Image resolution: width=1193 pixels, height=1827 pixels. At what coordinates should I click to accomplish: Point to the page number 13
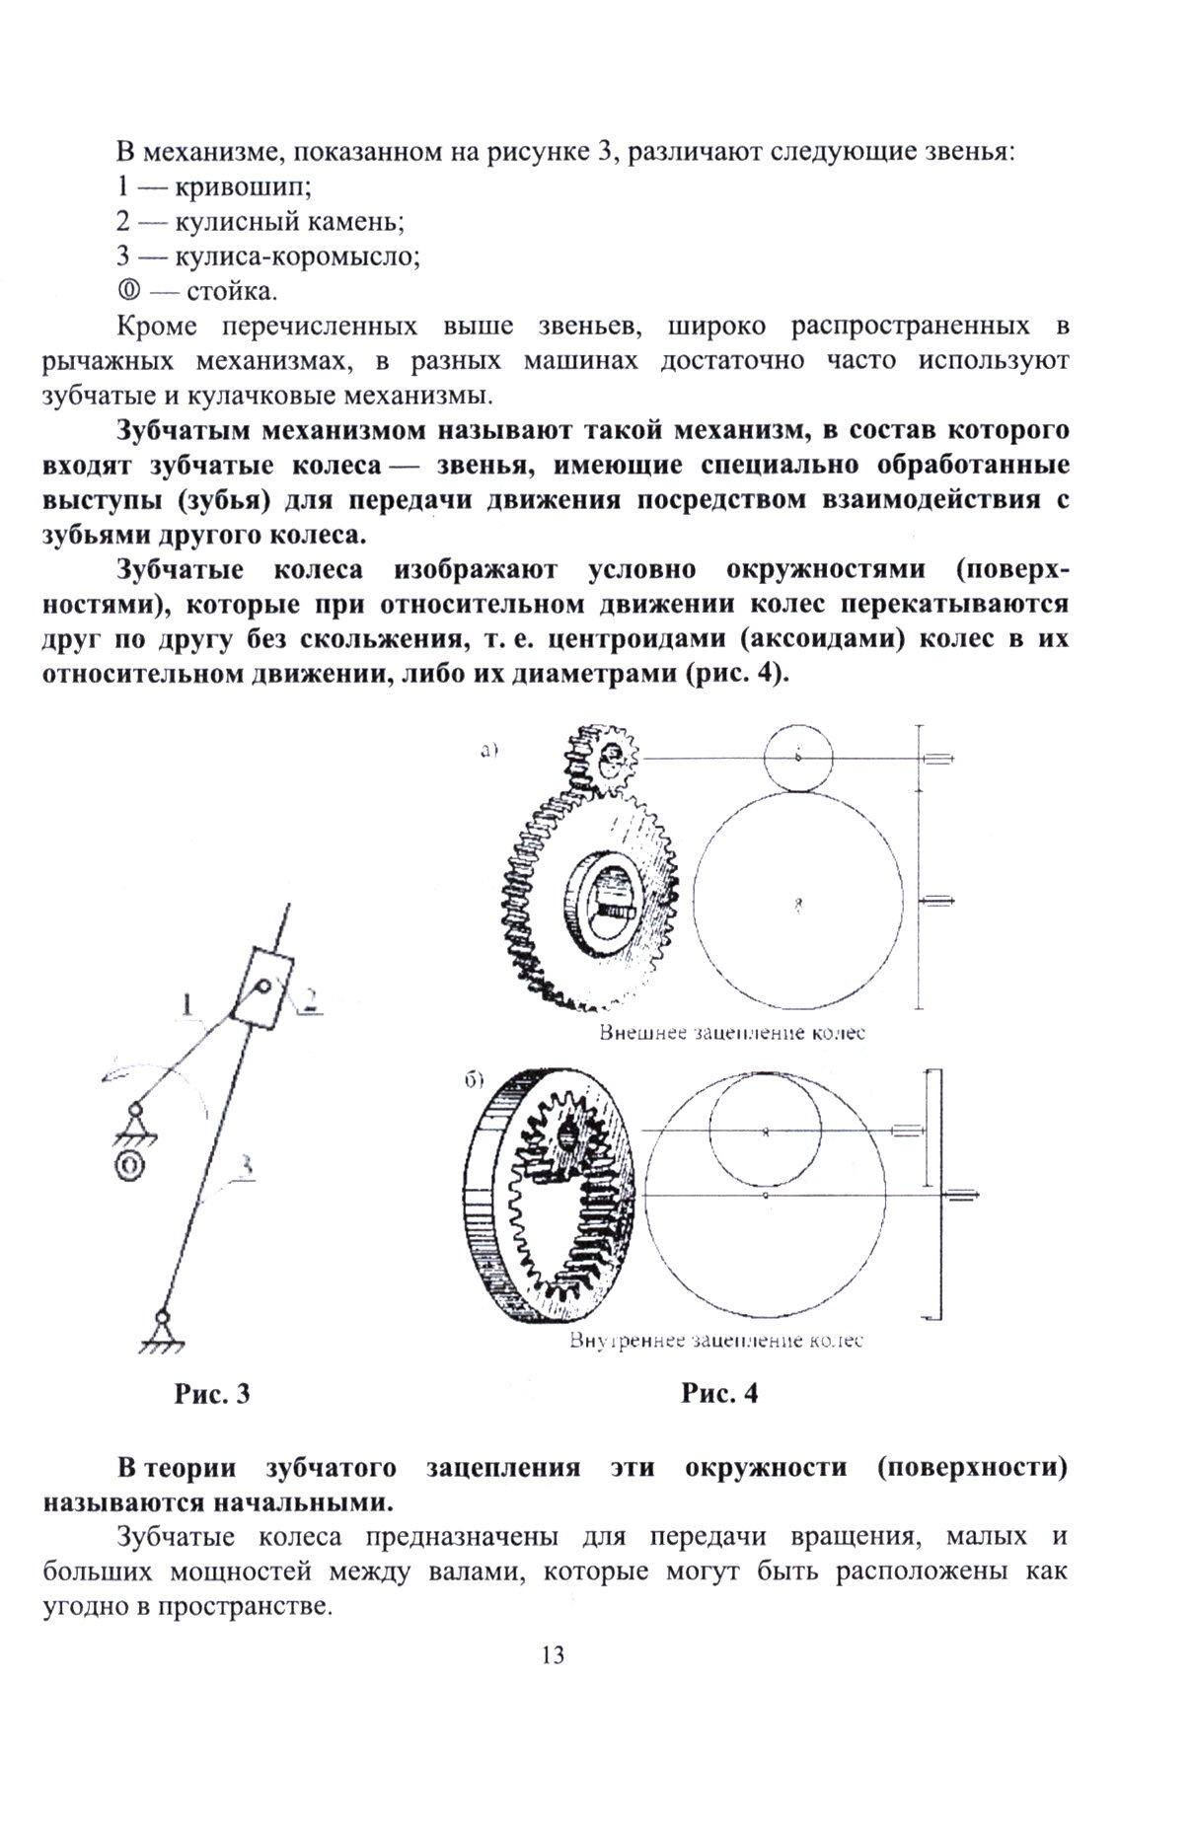[x=553, y=1654]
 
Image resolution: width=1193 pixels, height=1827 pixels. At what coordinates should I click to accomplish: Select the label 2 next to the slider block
[x=307, y=1001]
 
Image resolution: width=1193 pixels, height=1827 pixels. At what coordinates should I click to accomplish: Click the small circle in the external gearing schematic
[x=798, y=757]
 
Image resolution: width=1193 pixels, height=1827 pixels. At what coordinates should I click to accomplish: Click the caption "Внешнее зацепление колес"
[x=731, y=1033]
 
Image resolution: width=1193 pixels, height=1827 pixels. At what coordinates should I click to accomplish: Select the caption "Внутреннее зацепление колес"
[x=716, y=1341]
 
